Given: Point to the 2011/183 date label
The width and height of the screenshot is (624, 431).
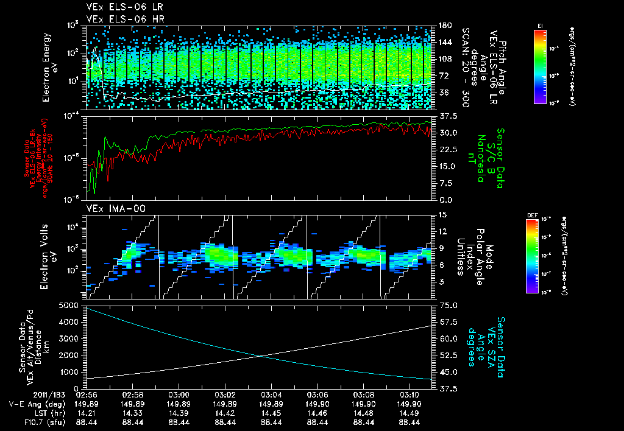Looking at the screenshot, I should click(27, 394).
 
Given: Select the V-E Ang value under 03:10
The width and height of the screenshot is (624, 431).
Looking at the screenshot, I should click(409, 404).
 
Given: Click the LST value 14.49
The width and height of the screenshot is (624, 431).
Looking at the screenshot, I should click(409, 412).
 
